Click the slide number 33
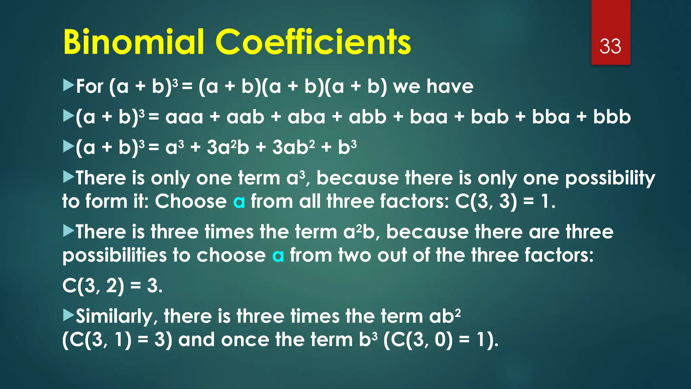(x=610, y=47)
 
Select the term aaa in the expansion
(x=184, y=117)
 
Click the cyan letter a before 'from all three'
(x=239, y=202)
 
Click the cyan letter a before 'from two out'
(x=278, y=256)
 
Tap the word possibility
(x=610, y=179)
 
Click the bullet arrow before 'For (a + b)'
(x=68, y=85)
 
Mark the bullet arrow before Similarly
(x=68, y=315)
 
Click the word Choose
(x=191, y=202)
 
